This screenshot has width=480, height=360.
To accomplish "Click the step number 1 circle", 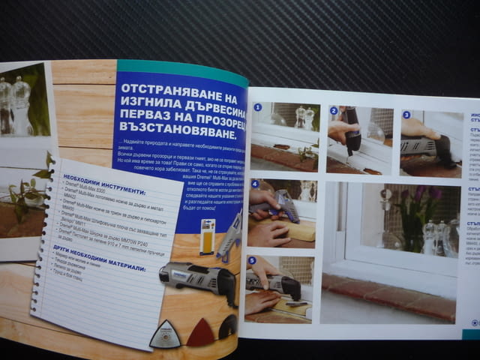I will click(257, 107).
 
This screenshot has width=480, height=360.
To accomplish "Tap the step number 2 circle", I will click(334, 110).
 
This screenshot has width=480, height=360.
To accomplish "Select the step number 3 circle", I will click(406, 115).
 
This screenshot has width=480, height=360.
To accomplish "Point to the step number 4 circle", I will click(255, 184).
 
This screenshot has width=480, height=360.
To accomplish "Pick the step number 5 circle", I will click(252, 260).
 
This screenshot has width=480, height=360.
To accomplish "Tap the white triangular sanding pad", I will click(165, 334).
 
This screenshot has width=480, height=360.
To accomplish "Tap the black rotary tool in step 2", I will click(350, 132).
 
